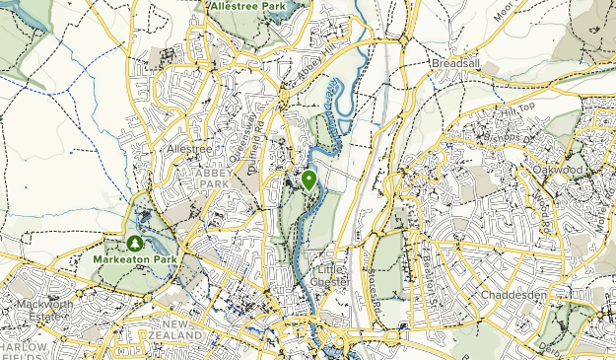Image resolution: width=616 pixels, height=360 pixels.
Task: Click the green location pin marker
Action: click(x=308, y=180)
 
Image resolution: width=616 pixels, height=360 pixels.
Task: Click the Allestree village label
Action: click(x=189, y=148)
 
